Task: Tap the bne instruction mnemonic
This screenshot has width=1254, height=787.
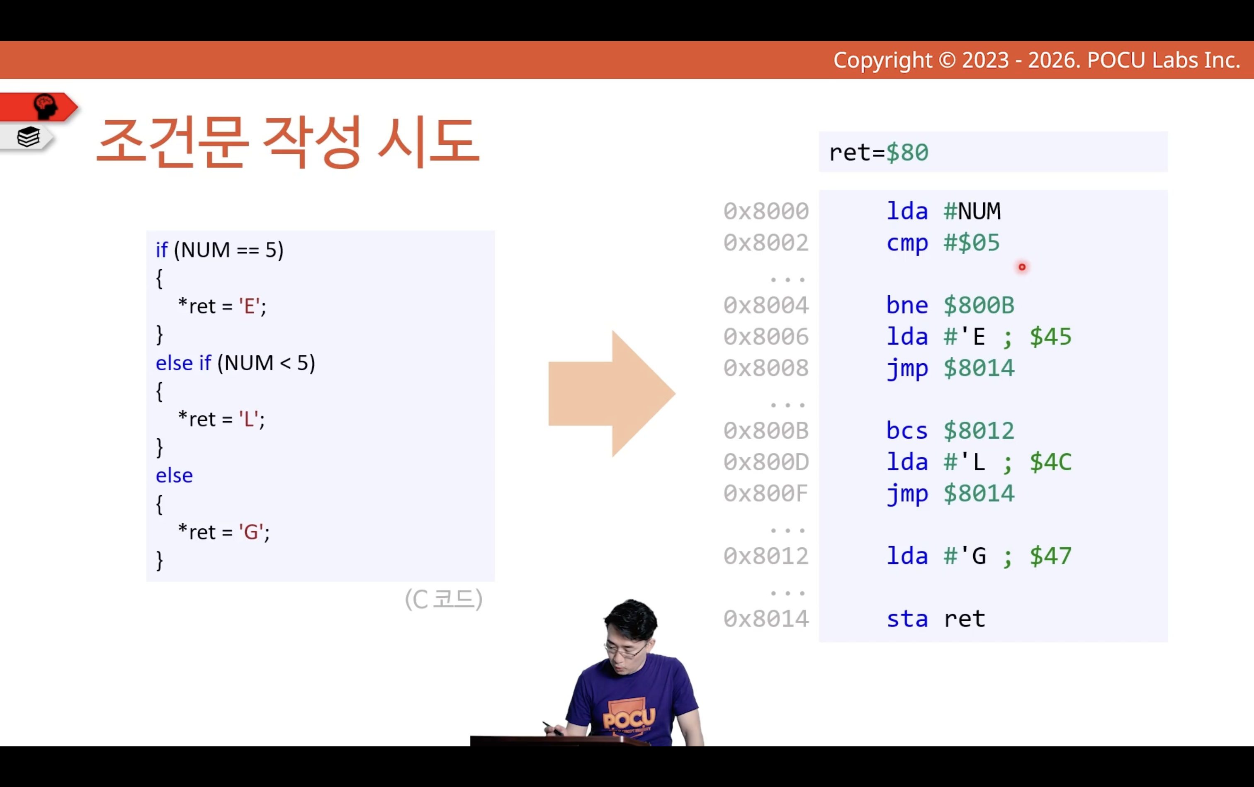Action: coord(907,305)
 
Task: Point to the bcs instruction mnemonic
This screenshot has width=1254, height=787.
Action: coord(907,431)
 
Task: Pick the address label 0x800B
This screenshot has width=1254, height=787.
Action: coord(766,431)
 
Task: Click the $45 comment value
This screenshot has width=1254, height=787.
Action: coord(1050,337)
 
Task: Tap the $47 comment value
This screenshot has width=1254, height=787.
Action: coord(1050,556)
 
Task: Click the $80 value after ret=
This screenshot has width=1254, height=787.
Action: coord(907,153)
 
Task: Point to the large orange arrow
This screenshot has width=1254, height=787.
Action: coord(612,393)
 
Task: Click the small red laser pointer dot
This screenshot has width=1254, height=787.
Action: coord(1022,267)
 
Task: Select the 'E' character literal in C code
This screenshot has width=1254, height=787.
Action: coord(249,306)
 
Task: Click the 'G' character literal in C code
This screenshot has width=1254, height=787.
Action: coord(251,532)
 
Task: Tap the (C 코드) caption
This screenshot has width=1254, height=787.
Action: coord(444,599)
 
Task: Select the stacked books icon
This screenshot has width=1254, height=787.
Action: coord(28,137)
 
